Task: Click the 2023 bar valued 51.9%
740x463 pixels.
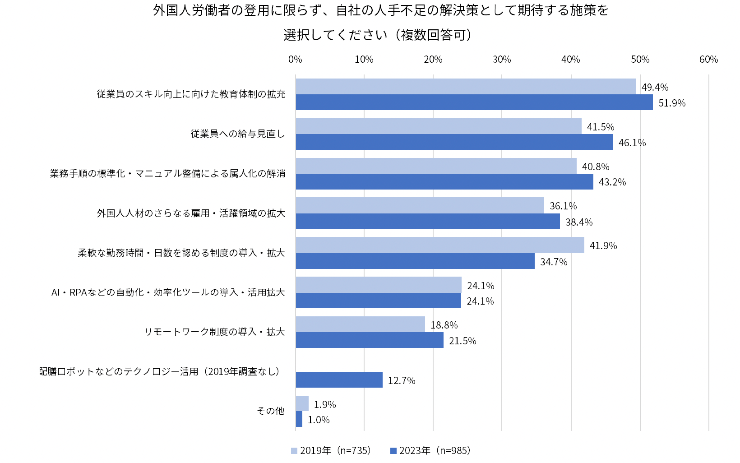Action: [x=474, y=102]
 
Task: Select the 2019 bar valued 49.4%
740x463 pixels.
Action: [x=466, y=87]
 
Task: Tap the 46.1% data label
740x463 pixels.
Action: [x=632, y=143]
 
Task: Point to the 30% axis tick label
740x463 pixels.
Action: [x=502, y=60]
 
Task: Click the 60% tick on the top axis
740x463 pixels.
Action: [x=708, y=60]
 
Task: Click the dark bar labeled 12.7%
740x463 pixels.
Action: [x=339, y=380]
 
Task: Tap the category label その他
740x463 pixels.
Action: [x=270, y=411]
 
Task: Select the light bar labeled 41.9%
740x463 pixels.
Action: [x=440, y=245]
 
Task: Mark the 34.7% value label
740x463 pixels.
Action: [x=554, y=262]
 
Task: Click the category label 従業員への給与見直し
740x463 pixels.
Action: [x=237, y=134]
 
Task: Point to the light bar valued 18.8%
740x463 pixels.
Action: [x=360, y=324]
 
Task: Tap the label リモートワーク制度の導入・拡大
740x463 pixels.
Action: [x=214, y=332]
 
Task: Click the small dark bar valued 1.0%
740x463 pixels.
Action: [x=299, y=419]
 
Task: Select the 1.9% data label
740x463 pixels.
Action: [x=325, y=405]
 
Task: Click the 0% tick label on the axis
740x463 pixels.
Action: [x=295, y=60]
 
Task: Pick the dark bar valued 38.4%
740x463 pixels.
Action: [x=428, y=222]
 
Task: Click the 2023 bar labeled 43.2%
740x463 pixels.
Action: [x=444, y=182]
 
